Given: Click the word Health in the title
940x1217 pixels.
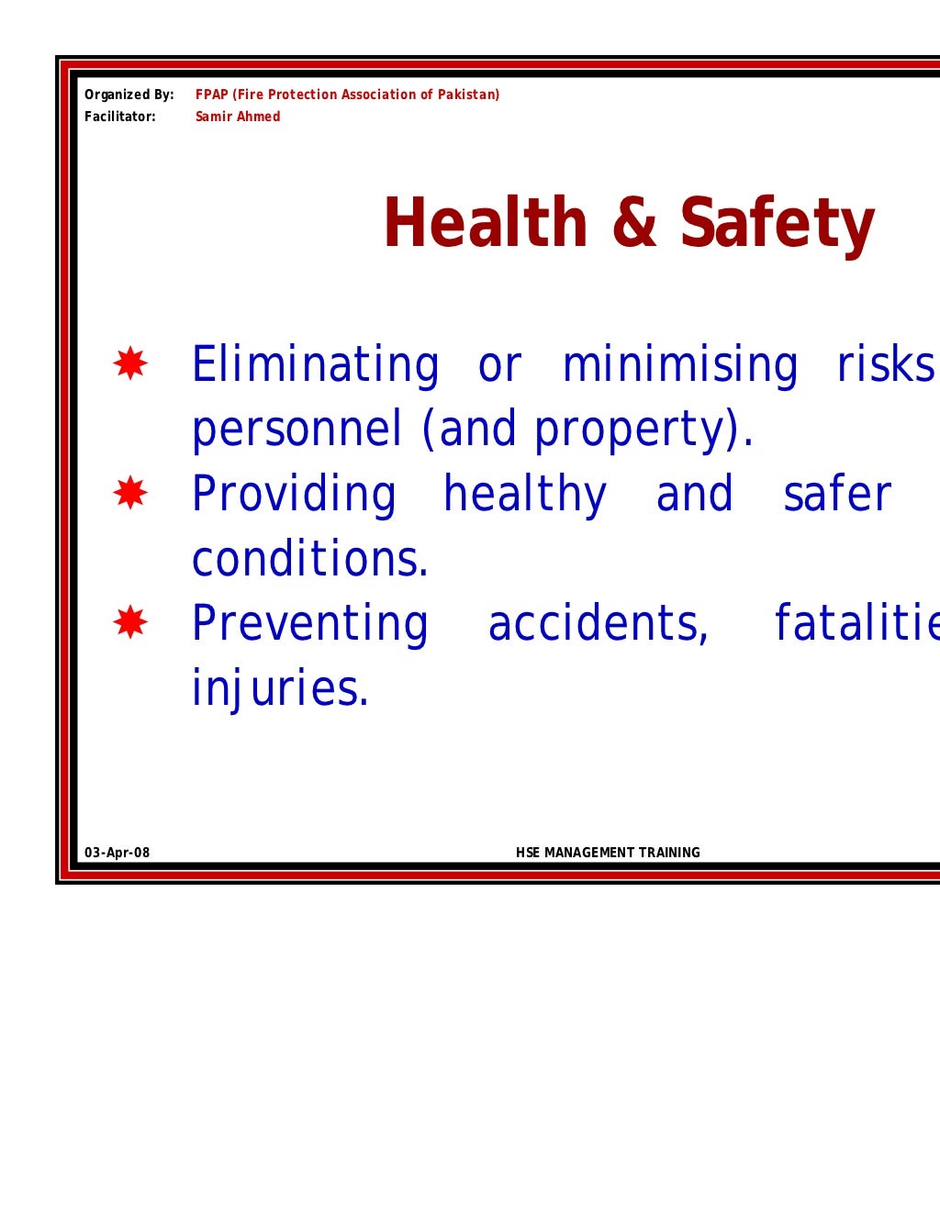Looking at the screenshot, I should [485, 223].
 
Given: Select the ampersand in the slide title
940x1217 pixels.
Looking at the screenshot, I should [633, 223].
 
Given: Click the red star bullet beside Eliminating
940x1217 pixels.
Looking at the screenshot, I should [130, 364].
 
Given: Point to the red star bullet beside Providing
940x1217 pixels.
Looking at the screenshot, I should [130, 494].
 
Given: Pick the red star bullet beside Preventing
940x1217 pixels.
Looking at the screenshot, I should [130, 623].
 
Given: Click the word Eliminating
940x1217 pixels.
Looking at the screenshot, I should [315, 364].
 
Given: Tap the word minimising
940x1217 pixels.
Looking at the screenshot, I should [680, 364].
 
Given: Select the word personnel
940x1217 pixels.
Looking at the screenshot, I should [297, 430].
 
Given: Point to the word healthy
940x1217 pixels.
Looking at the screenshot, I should [525, 495].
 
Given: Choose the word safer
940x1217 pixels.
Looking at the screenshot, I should [836, 495].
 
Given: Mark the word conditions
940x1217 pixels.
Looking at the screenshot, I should [309, 559].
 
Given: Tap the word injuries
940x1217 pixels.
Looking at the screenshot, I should [279, 688].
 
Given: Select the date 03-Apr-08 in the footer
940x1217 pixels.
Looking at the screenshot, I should [117, 853].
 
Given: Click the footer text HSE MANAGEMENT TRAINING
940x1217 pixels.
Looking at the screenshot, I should [608, 853].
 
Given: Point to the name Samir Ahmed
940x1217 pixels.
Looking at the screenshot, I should [238, 117].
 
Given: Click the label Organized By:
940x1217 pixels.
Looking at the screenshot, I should [129, 95].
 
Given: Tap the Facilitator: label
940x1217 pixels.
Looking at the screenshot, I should [120, 117].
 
